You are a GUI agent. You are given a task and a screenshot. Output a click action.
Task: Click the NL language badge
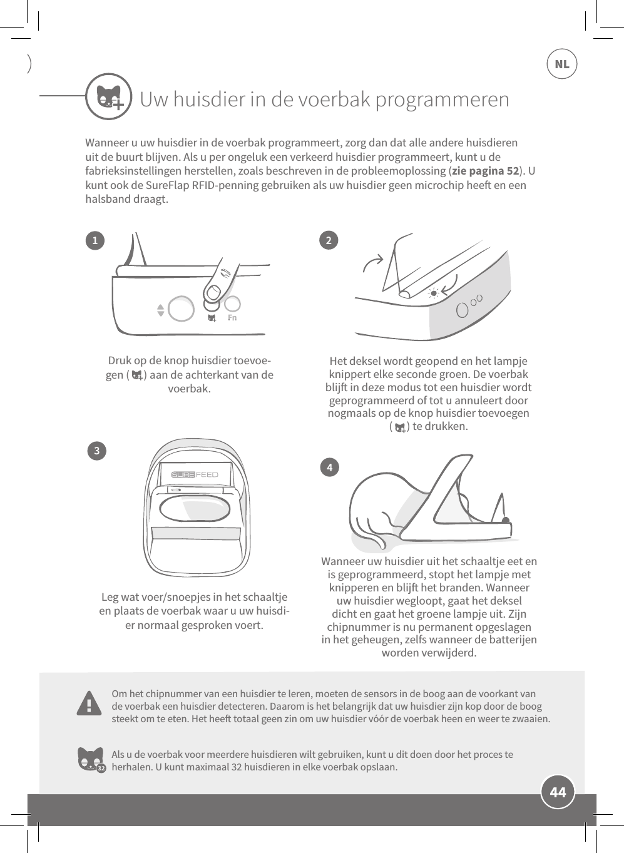tap(561, 64)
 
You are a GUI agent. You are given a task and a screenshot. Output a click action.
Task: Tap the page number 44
tap(558, 792)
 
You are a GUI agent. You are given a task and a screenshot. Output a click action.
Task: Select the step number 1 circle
tap(95, 240)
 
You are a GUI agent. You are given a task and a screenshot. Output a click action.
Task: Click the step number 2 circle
tap(329, 240)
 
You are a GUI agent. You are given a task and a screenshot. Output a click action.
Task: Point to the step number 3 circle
tap(96, 451)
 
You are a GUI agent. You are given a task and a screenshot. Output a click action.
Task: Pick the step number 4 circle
tap(329, 467)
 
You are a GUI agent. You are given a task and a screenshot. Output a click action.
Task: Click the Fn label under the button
tap(232, 318)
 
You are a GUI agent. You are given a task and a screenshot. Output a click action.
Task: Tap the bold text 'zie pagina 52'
tap(485, 171)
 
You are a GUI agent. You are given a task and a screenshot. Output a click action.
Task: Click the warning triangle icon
tap(90, 703)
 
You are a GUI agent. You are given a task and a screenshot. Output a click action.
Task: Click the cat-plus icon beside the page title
tap(109, 97)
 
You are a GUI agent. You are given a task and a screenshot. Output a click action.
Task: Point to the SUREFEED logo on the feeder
tap(195, 474)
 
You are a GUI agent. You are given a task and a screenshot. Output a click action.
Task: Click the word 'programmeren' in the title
tap(449, 100)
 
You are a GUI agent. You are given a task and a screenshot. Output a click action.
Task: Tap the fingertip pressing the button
tap(215, 290)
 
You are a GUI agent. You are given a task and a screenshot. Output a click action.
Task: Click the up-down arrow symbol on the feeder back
tap(160, 310)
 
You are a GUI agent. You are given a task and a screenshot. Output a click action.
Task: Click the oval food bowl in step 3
tap(195, 508)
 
